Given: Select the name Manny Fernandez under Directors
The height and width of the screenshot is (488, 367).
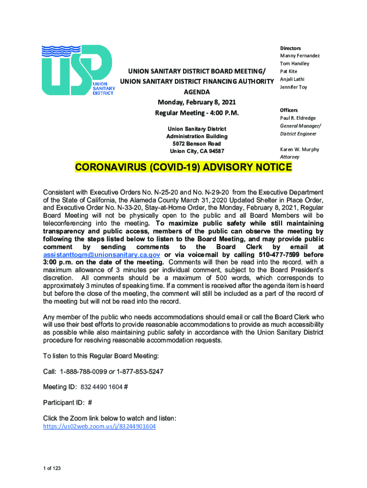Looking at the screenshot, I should [x=300, y=56].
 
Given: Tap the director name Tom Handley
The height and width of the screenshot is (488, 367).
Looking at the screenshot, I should [x=295, y=63].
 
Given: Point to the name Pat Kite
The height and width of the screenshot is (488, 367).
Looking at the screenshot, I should [x=288, y=71].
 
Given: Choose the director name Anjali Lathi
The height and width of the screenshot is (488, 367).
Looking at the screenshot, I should [x=292, y=79].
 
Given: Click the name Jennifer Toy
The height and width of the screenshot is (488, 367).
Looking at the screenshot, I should [x=294, y=87].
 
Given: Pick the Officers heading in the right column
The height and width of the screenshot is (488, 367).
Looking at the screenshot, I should [x=290, y=110].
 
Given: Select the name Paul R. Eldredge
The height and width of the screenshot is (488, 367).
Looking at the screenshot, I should [x=298, y=118].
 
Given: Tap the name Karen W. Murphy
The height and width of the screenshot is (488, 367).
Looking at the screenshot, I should [x=299, y=149].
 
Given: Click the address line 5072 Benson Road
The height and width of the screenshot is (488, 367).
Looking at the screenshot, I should [x=196, y=144].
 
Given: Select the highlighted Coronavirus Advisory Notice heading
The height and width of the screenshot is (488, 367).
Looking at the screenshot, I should [x=183, y=168].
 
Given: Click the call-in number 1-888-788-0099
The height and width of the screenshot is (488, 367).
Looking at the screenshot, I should [x=81, y=371].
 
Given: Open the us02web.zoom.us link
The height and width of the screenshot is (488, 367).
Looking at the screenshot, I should [x=99, y=427].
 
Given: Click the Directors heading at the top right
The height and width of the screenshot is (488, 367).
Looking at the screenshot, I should [x=290, y=48].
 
